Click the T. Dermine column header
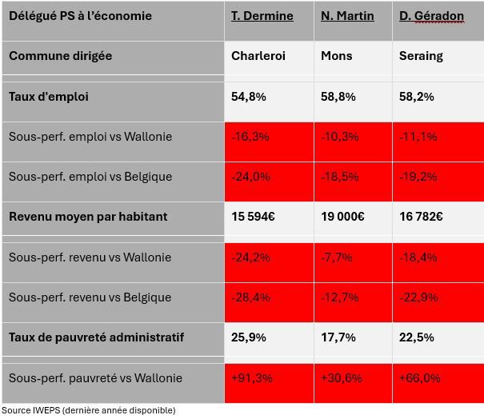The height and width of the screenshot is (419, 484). tap(262, 16)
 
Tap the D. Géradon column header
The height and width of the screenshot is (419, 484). tap(431, 16)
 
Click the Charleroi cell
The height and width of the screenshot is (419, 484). tap(258, 56)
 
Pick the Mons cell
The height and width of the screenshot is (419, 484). tap(336, 56)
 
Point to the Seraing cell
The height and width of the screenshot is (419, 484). tap(421, 56)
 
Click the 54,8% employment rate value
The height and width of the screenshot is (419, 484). tap(250, 97)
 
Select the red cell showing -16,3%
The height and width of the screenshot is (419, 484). tap(250, 137)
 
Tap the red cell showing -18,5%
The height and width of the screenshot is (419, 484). tap(339, 177)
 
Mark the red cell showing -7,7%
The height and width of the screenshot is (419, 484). tap(336, 257)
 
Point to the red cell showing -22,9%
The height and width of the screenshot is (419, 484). tap(418, 297)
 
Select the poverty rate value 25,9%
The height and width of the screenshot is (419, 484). tap(250, 337)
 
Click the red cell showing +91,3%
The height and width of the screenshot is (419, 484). tap(251, 377)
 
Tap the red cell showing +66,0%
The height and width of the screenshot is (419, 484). tap(419, 377)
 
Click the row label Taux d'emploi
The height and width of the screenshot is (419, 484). tap(49, 97)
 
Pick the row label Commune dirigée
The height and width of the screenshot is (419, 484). tap(60, 56)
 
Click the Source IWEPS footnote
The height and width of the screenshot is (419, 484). tap(88, 410)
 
